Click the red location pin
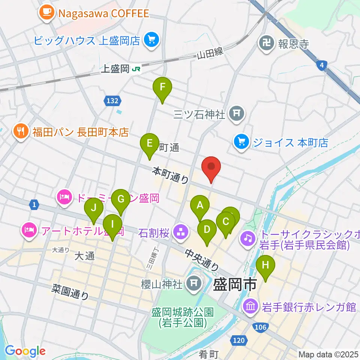point(211,168)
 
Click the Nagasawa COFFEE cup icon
point(46,13)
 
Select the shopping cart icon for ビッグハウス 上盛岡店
point(151,40)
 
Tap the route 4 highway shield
point(321,66)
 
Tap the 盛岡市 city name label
point(234,285)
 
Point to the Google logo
point(25,351)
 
